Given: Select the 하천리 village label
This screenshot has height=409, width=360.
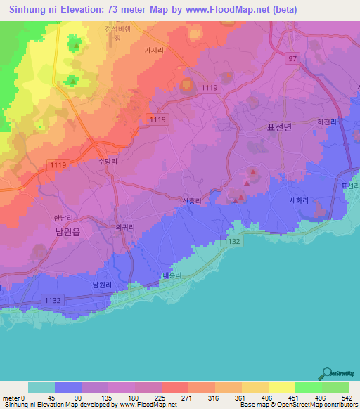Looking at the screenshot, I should tap(327, 122).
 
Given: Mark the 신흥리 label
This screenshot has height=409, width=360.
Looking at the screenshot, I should tap(192, 201).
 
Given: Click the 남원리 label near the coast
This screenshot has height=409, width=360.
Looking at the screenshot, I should tap(102, 285).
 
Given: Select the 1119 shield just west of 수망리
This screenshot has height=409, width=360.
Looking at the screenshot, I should tap(58, 164).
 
